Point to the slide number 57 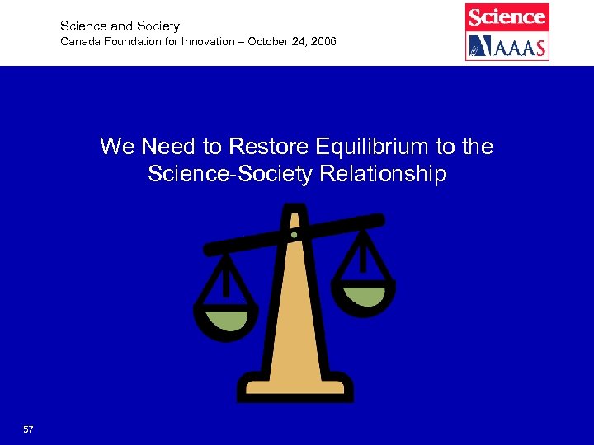29,429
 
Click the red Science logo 507,16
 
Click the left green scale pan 226,320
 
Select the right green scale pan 363,294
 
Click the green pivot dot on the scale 294,234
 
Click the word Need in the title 168,148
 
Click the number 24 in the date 295,41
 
